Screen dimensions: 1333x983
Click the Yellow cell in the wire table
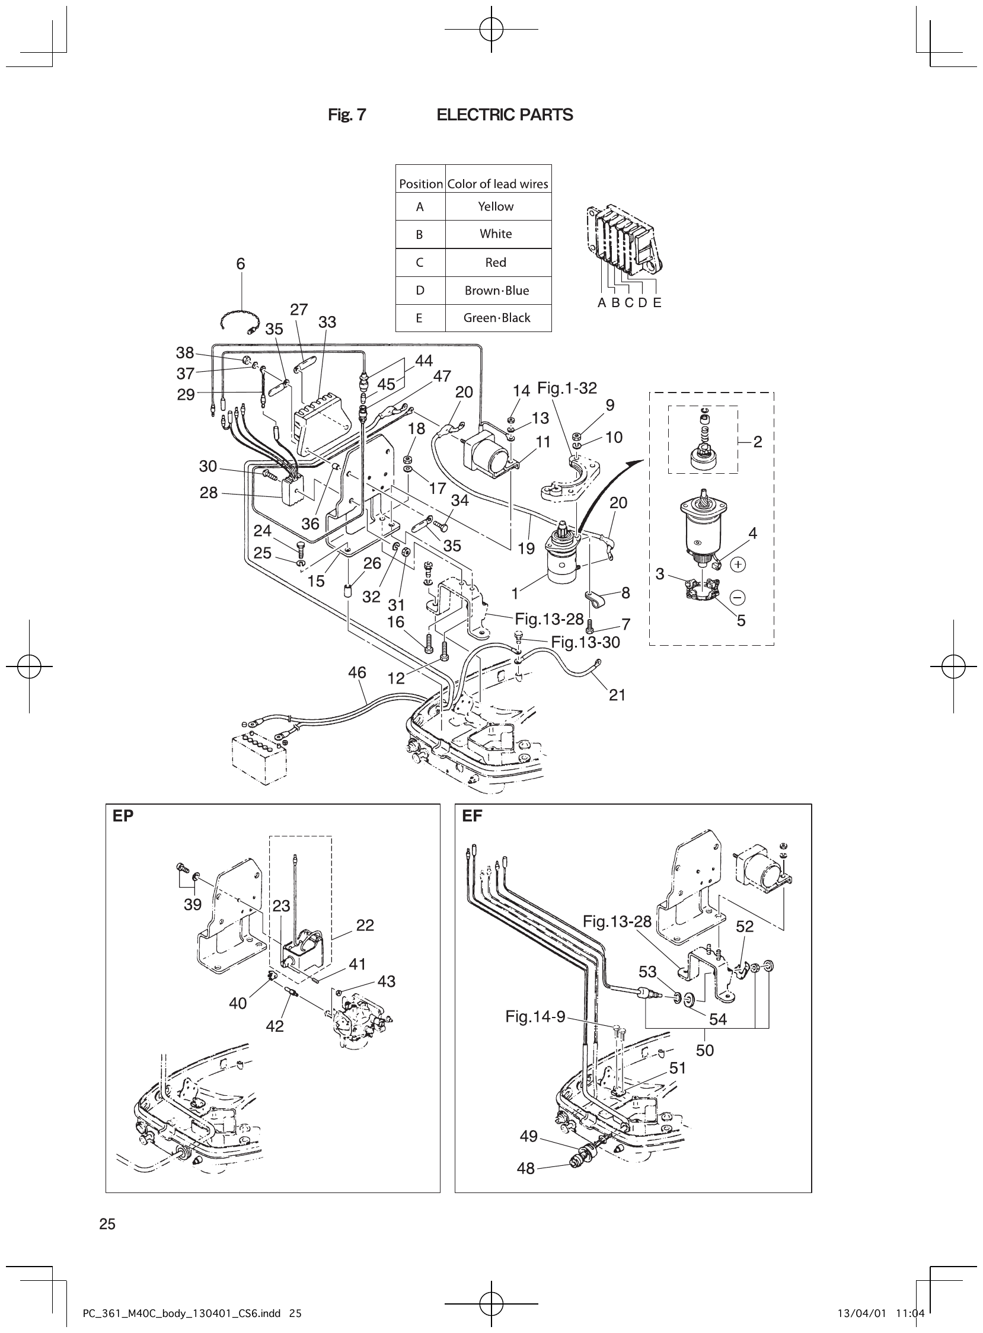tap(496, 206)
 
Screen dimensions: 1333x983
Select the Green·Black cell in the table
tap(497, 318)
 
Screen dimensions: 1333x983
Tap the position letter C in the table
tap(420, 263)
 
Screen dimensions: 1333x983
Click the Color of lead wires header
tap(497, 184)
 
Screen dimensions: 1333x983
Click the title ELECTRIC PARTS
tap(505, 115)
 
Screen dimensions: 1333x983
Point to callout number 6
tap(240, 264)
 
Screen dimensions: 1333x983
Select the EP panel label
tap(123, 816)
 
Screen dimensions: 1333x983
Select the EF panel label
tap(472, 816)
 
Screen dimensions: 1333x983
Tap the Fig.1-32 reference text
tap(566, 388)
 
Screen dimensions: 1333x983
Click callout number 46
tap(357, 672)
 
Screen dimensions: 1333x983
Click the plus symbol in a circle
tap(738, 564)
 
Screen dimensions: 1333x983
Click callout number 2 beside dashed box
tap(758, 442)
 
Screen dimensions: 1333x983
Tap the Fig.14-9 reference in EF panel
tap(535, 1016)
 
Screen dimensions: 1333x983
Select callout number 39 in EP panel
tap(192, 904)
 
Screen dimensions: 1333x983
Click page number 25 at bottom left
tap(108, 1224)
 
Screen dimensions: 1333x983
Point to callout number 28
tap(208, 493)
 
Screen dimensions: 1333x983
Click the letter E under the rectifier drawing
tap(657, 302)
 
